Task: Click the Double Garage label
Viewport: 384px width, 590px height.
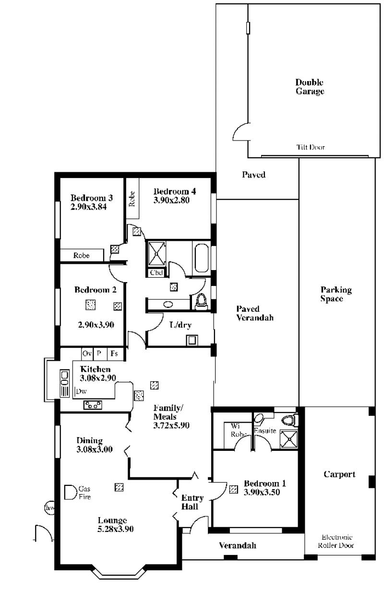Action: (310, 87)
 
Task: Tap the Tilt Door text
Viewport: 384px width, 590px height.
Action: (311, 147)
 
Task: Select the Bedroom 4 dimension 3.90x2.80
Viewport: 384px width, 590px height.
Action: (171, 200)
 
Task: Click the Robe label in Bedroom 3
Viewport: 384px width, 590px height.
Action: (82, 255)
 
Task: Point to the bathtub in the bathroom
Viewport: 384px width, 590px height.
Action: (202, 258)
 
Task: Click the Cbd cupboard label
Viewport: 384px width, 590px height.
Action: (156, 272)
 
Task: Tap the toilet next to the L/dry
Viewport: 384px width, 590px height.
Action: (202, 302)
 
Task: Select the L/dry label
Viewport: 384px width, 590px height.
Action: (180, 325)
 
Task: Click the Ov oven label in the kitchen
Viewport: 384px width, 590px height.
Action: (87, 353)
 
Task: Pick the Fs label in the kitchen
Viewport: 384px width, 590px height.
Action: (114, 353)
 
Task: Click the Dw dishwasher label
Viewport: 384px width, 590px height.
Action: (81, 391)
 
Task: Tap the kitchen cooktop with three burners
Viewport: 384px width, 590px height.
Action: (93, 405)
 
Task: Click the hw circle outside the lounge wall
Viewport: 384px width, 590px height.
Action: (49, 508)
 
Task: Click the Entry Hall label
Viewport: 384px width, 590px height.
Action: (192, 502)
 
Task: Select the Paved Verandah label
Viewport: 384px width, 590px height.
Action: (254, 313)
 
